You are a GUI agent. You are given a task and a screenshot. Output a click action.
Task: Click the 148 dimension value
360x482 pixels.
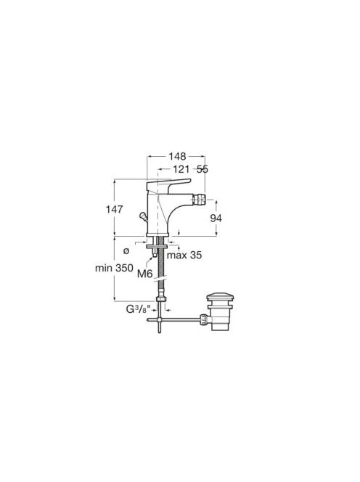click(x=177, y=157)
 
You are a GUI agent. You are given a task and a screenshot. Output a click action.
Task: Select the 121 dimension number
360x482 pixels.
click(x=181, y=169)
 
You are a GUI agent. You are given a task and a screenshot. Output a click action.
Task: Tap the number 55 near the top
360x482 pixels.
click(x=202, y=169)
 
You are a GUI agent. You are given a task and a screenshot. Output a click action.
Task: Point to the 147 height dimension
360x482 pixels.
click(x=115, y=209)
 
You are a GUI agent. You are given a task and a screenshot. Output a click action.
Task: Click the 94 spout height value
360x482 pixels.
click(x=216, y=218)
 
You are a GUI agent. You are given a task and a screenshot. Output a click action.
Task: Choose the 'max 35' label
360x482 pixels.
click(x=184, y=255)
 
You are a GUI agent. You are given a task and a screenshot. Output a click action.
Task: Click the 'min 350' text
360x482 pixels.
click(x=114, y=268)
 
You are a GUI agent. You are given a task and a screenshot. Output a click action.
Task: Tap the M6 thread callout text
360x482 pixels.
click(x=145, y=273)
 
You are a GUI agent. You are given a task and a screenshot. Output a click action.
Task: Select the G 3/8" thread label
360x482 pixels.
click(x=139, y=309)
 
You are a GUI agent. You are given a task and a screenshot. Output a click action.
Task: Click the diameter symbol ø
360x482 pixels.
click(x=126, y=251)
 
